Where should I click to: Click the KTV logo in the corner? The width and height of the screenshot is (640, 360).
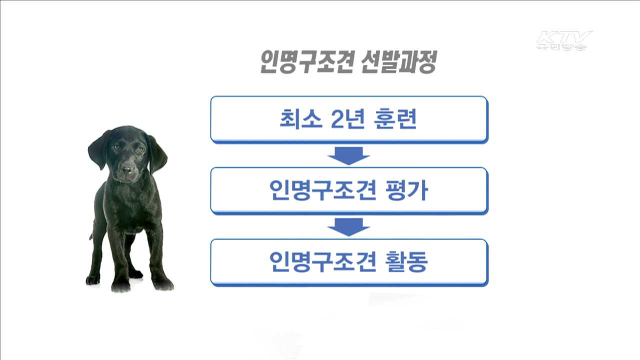point(563,40)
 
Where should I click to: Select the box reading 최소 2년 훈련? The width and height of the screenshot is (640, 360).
point(348,119)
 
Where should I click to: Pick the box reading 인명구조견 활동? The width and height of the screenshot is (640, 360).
point(348,262)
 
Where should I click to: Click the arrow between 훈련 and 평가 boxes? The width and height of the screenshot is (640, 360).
point(348,156)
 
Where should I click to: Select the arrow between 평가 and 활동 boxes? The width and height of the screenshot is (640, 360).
point(348,227)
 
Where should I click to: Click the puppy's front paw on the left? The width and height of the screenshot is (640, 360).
point(120,285)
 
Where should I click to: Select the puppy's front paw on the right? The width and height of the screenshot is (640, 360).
point(163,284)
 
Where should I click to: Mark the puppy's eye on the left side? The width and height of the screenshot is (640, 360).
point(116,147)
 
